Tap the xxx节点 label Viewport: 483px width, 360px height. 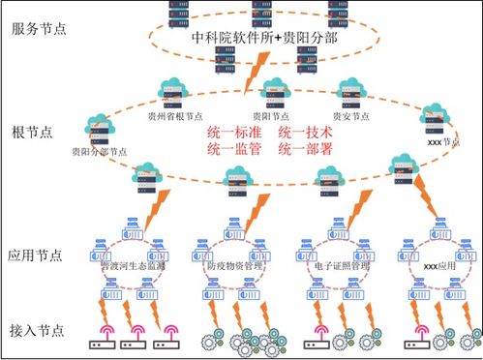(x=441, y=141)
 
